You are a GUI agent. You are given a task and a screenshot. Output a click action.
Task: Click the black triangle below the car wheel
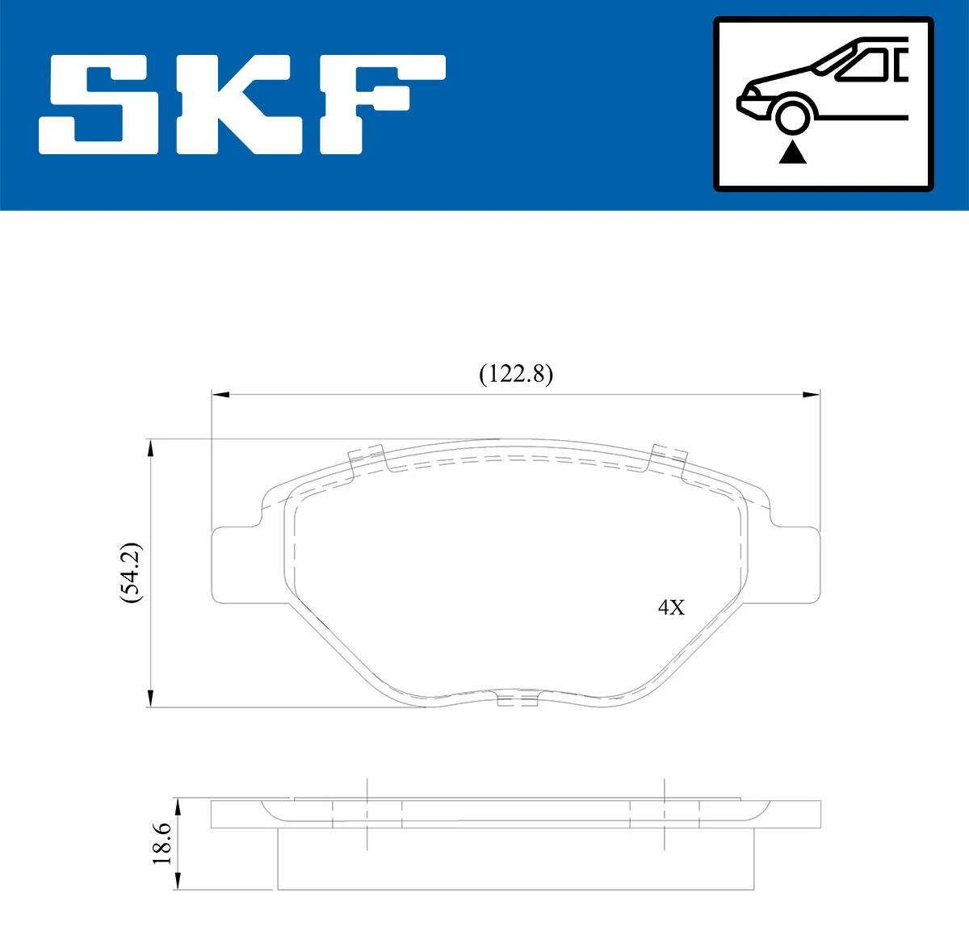(793, 152)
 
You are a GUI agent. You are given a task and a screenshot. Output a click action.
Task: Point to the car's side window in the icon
(864, 65)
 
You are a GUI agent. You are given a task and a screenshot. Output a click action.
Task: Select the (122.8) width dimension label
(516, 374)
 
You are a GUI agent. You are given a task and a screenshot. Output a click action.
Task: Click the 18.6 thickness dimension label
(162, 844)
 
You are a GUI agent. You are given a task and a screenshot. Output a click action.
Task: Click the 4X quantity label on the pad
(671, 607)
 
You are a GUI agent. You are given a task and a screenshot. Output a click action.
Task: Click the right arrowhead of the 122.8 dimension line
(812, 394)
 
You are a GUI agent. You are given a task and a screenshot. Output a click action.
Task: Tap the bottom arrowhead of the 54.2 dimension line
(150, 698)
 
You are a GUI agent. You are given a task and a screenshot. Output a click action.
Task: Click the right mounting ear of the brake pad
(795, 564)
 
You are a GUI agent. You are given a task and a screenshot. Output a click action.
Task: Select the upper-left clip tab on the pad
(367, 459)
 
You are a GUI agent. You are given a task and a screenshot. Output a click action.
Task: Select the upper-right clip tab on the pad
(669, 457)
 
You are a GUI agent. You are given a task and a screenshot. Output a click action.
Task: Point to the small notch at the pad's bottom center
(518, 699)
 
